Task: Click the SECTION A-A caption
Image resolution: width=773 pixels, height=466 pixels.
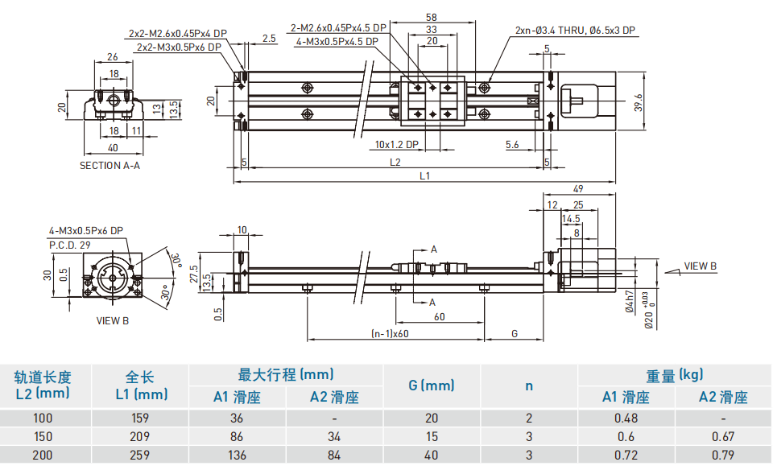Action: pyautogui.click(x=110, y=166)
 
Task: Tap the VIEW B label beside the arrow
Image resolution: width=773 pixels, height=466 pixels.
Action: pyautogui.click(x=700, y=266)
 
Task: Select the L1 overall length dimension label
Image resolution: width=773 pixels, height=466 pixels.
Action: pyautogui.click(x=424, y=176)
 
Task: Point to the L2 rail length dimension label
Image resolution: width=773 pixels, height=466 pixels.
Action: pyautogui.click(x=395, y=162)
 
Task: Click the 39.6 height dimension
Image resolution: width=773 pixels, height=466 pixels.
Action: pyautogui.click(x=639, y=102)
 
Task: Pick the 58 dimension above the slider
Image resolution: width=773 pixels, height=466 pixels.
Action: pyautogui.click(x=432, y=17)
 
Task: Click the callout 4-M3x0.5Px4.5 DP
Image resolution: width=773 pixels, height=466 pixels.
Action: pyautogui.click(x=337, y=42)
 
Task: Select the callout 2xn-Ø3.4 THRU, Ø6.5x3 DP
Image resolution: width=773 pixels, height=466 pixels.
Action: pyautogui.click(x=575, y=31)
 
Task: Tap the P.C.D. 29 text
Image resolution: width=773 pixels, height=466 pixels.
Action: pyautogui.click(x=69, y=245)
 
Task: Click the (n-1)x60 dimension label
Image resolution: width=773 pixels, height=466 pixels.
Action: pyautogui.click(x=390, y=333)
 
